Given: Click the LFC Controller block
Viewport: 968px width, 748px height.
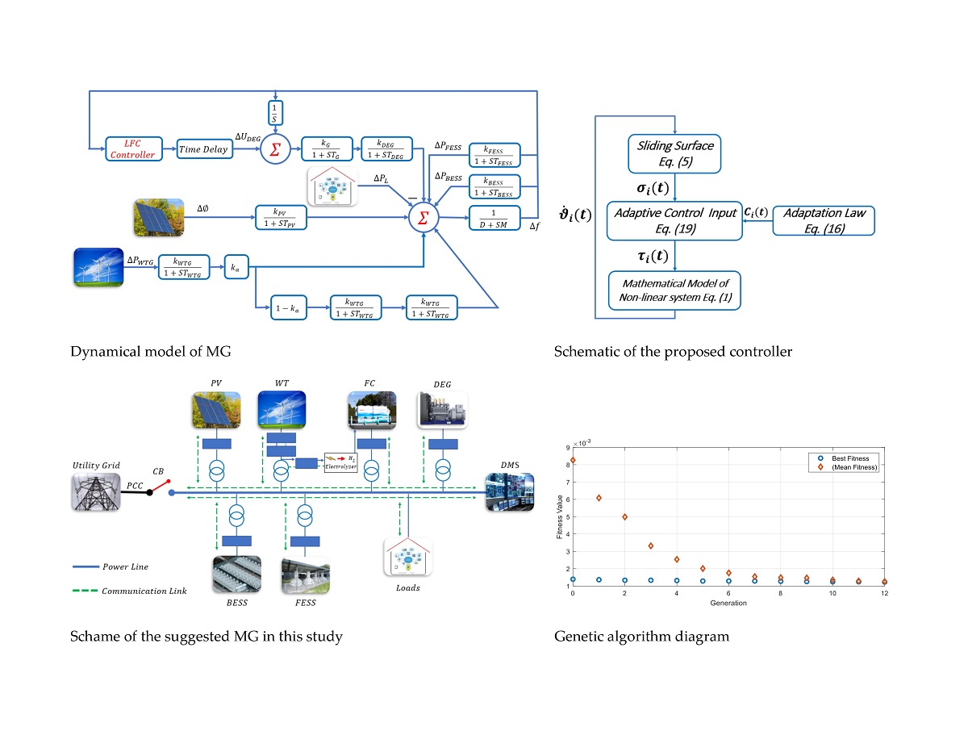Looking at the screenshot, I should [129, 149].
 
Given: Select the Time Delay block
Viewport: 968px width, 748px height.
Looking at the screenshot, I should [203, 149].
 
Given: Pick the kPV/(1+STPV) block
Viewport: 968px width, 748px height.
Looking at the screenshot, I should [279, 218].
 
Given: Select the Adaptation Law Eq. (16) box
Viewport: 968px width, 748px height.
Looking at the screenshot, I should [823, 219].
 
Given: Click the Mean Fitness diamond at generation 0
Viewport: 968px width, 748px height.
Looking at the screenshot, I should [573, 461].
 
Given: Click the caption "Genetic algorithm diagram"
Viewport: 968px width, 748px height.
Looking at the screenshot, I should [641, 637].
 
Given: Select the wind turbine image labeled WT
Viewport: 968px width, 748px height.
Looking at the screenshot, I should [281, 409].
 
